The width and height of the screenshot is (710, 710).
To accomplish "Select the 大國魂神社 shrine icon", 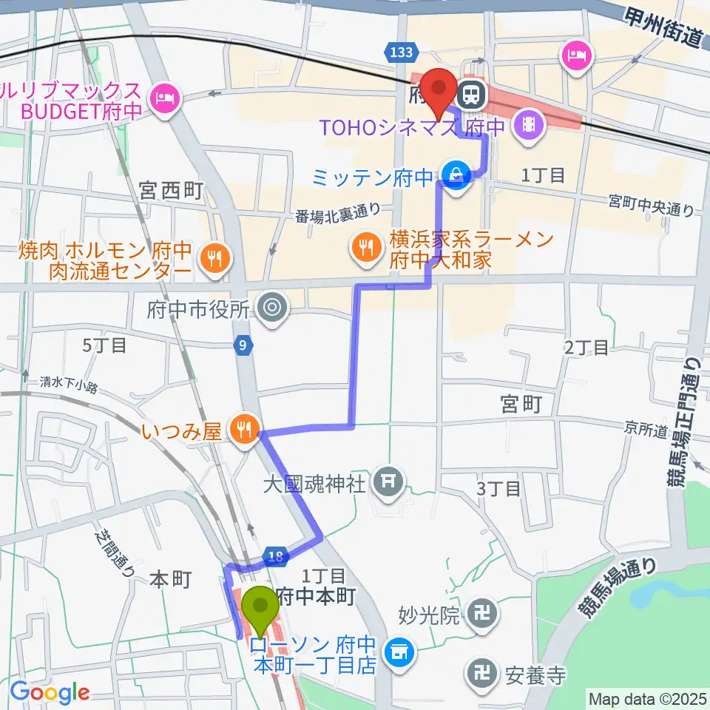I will click(x=388, y=484).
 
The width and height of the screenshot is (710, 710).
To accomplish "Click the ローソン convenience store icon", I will click(x=400, y=653).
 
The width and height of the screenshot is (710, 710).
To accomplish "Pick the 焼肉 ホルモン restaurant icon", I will click(x=214, y=258).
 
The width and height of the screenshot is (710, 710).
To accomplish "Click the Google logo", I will click(x=50, y=692).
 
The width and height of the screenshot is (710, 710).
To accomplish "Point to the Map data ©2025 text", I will click(x=648, y=698).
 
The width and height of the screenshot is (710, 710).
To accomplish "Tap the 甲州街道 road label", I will click(x=660, y=26).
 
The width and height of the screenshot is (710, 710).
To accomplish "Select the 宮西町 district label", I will click(x=170, y=192).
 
